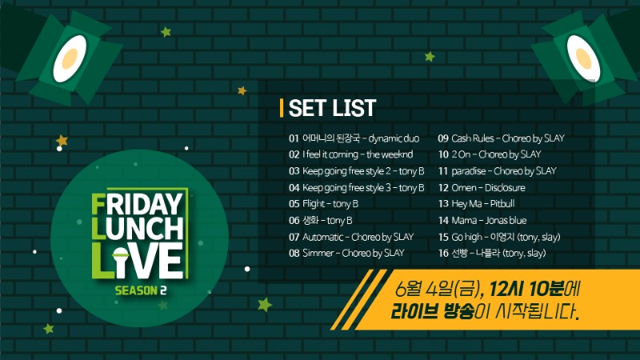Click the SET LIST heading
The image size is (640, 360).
coord(332,108)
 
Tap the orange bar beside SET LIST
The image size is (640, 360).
coord(282,108)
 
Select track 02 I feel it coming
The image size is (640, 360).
coord(351,154)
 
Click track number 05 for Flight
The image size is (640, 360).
coord(294,204)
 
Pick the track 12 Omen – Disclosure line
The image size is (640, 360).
coord(482,188)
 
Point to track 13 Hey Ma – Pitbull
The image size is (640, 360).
coord(476,204)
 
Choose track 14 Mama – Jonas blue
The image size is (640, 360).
coord(482,221)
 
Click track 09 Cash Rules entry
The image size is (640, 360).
coord(502,138)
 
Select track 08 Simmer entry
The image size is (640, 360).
coord(346,253)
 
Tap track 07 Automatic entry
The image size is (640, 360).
coord(351,237)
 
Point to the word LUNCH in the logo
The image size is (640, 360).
coord(138,228)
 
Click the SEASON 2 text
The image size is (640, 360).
coord(141,290)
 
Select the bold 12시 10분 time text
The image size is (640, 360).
coord(526,290)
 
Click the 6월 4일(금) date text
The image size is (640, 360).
coord(438,290)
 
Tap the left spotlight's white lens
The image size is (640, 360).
coord(70,58)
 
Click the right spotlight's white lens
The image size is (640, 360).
coord(583,58)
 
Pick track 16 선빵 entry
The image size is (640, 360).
coord(492,253)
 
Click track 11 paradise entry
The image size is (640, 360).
coord(497,171)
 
